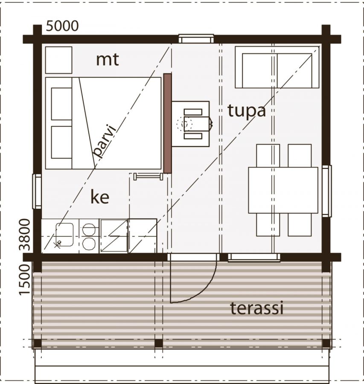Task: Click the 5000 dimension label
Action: (62, 26)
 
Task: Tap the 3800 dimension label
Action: (25, 235)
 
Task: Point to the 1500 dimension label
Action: (25, 279)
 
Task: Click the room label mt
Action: (107, 59)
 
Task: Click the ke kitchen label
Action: (100, 197)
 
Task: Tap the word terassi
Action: (257, 308)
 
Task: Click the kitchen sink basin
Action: (65, 235)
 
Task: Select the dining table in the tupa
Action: (283, 190)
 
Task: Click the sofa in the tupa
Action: (277, 67)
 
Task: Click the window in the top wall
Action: (196, 39)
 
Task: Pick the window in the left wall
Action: (37, 191)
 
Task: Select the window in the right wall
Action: (326, 191)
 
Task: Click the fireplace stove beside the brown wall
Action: (191, 124)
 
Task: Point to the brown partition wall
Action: (168, 123)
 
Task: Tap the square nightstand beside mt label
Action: (59, 60)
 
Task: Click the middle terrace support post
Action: (159, 343)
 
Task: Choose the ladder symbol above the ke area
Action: (149, 176)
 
